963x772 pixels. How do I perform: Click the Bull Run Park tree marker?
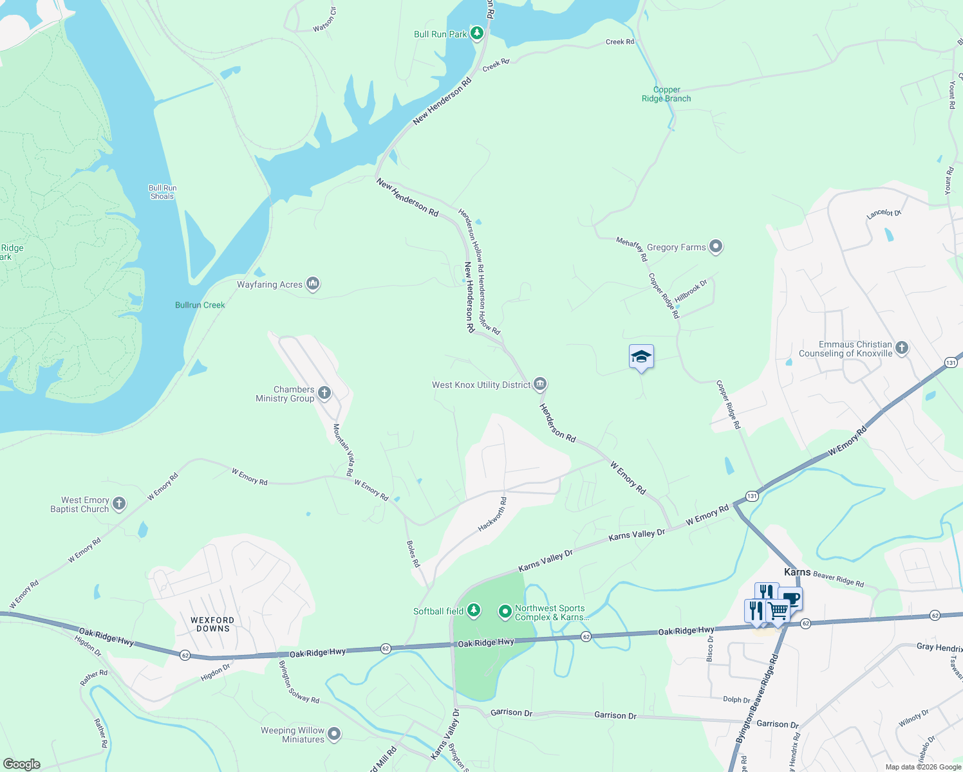click(476, 33)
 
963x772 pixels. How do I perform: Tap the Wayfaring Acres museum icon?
click(313, 283)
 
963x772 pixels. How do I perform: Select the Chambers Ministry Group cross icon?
click(324, 392)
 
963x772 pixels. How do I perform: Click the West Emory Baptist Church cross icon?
click(119, 503)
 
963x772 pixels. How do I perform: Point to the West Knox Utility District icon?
click(540, 384)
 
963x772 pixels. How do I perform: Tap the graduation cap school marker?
click(641, 357)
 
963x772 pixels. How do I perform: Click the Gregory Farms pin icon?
click(716, 246)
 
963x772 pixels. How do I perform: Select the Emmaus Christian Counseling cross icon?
click(902, 348)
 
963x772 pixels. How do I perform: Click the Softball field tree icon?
click(474, 610)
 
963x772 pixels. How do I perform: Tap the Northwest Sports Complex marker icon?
click(505, 611)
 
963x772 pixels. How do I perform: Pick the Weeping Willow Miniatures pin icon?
click(333, 733)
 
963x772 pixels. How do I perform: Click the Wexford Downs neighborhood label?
click(212, 624)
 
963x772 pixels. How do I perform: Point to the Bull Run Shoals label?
click(162, 192)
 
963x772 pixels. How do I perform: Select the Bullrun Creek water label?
click(200, 305)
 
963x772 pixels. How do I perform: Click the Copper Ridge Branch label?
click(666, 95)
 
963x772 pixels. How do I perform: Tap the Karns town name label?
click(797, 572)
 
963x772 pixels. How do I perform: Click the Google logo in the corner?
click(21, 764)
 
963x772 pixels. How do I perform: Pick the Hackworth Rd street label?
click(492, 514)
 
